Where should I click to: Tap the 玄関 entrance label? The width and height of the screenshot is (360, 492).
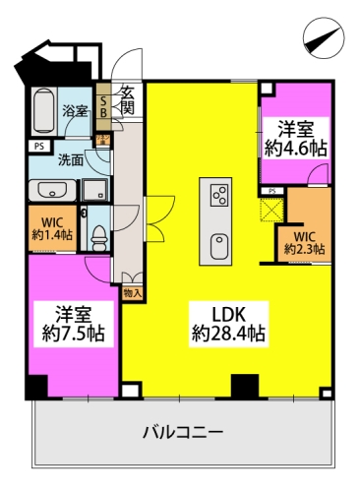point(128,101)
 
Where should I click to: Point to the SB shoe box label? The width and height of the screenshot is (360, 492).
point(105,107)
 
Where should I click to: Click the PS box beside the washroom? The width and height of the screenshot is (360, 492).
point(37,148)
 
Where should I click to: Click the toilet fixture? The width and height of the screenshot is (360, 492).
point(97,233)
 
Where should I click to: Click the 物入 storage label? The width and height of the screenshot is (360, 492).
point(133,292)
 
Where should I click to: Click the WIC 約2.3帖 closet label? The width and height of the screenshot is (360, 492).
point(304,242)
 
